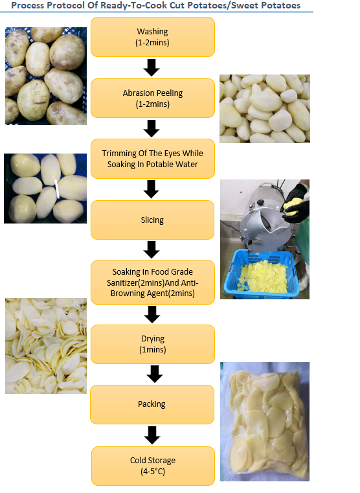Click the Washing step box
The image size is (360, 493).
click(x=152, y=36)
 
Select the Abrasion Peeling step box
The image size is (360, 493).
click(x=152, y=98)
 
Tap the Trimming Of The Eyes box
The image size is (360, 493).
click(x=152, y=159)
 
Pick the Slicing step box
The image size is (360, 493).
click(x=152, y=220)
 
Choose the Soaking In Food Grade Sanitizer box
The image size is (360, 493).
click(x=152, y=282)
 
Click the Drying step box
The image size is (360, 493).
click(x=152, y=344)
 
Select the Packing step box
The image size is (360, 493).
click(x=152, y=404)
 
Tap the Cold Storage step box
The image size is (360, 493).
click(x=152, y=466)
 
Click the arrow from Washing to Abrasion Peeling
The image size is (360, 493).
click(x=152, y=67)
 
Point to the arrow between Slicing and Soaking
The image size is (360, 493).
click(x=152, y=249)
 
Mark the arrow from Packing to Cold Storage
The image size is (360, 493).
click(x=152, y=435)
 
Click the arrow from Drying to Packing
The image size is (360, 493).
click(x=154, y=374)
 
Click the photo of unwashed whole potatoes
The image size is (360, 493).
click(x=46, y=76)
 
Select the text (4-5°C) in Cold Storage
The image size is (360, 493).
click(x=152, y=471)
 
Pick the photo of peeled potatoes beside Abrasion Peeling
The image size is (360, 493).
click(x=264, y=108)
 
